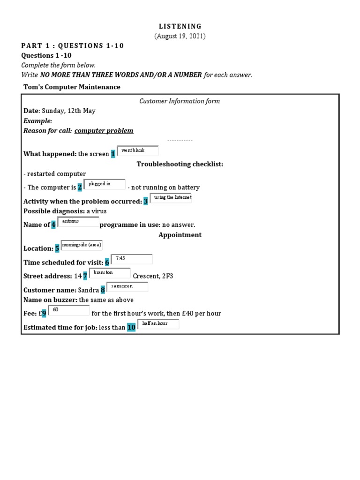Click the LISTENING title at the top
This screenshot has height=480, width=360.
[x=180, y=26]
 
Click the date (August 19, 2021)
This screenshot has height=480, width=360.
[x=180, y=36]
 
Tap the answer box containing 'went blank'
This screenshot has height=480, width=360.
[x=137, y=151]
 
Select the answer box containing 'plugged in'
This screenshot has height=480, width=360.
[x=105, y=184]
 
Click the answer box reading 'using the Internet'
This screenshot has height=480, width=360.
[x=171, y=198]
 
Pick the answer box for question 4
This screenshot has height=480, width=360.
[x=78, y=222]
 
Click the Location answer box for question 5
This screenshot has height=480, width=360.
[x=82, y=245]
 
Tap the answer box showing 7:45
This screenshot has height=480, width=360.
[x=131, y=259]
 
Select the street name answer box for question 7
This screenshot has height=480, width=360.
[x=110, y=273]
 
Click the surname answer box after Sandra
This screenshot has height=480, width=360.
[x=127, y=287]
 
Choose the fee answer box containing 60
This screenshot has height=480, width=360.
[x=68, y=310]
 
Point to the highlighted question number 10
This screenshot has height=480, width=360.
[x=131, y=327]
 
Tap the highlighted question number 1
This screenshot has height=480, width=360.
[x=113, y=154]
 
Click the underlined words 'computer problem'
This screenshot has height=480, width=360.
[x=104, y=131]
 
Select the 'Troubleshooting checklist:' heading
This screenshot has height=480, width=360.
[x=180, y=164]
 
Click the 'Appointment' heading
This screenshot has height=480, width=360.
[x=180, y=235]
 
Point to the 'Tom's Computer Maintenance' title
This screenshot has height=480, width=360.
[x=72, y=87]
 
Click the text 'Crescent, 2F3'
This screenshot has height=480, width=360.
[x=153, y=276]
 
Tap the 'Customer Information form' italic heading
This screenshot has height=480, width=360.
[x=180, y=101]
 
